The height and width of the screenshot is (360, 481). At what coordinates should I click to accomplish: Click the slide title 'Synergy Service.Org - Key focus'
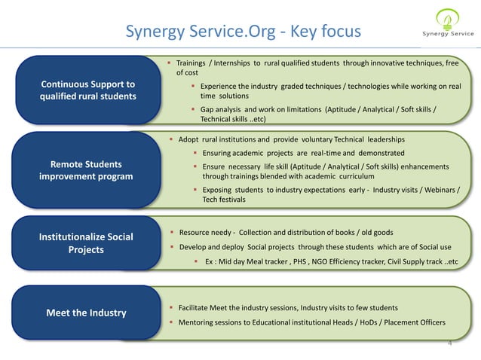244,31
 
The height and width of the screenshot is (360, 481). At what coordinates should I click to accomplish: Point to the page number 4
449,343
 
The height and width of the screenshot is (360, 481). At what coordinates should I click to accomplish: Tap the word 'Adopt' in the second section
188,140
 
